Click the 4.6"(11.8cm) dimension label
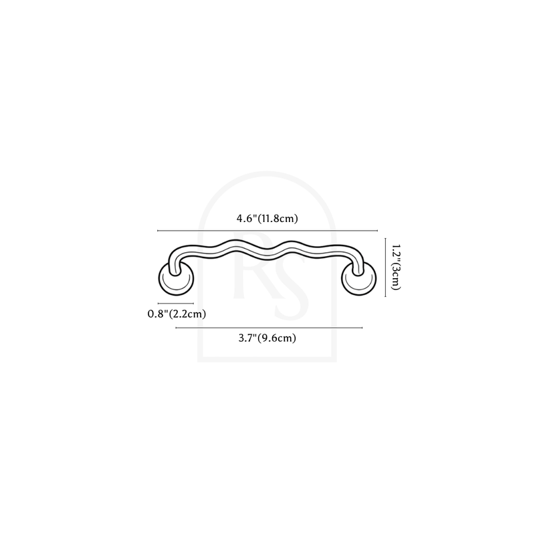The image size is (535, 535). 267,219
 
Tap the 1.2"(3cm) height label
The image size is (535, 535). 395,267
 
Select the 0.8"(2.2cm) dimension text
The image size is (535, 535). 177,314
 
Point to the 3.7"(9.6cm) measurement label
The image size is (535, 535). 267,338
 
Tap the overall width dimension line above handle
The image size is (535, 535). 267,231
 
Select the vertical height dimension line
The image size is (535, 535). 386,267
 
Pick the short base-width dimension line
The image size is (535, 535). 176,303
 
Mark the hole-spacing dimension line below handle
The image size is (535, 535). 269,328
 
